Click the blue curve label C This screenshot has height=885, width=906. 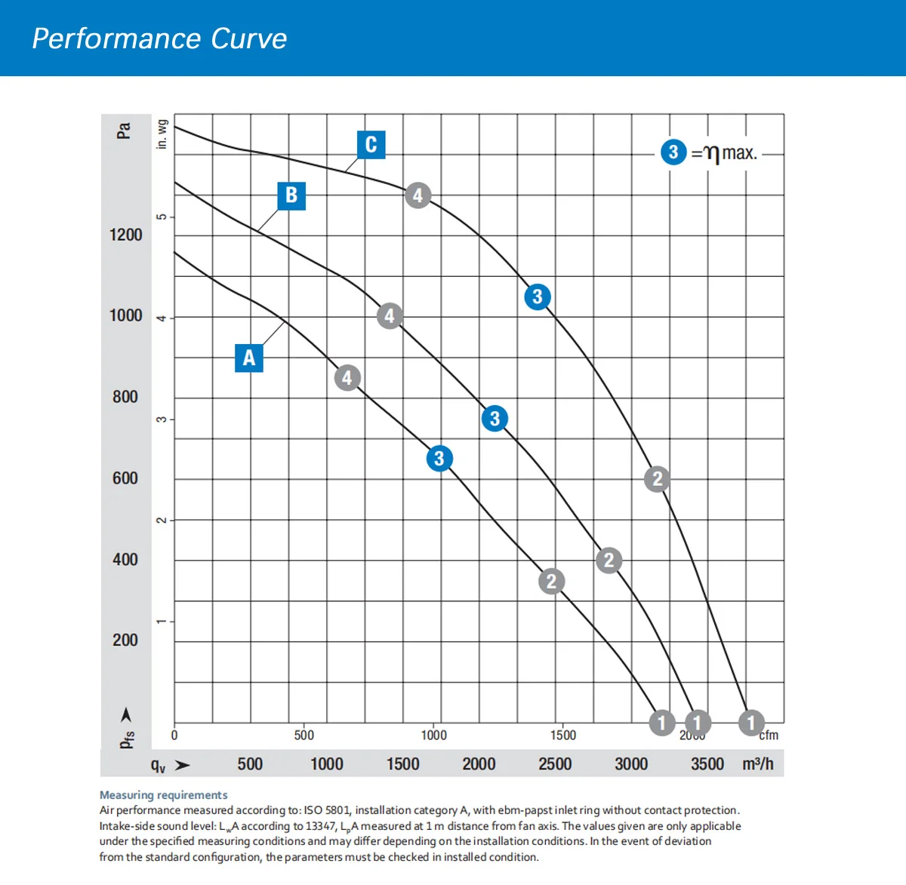(x=371, y=144)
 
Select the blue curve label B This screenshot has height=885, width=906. (x=291, y=195)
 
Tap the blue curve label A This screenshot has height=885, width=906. (x=249, y=358)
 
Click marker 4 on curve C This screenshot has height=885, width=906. (x=418, y=195)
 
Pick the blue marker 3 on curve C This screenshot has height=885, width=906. (x=537, y=297)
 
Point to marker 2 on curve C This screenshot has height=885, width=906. (x=657, y=478)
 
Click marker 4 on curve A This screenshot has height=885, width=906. (x=347, y=377)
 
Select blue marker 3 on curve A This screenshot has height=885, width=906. (x=439, y=458)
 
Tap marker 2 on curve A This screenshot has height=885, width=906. (x=551, y=581)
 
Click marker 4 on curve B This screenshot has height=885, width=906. (x=390, y=315)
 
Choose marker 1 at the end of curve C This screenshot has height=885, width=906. (x=750, y=723)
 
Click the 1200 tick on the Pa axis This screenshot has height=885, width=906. (x=125, y=235)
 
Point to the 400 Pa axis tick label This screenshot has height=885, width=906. (x=125, y=559)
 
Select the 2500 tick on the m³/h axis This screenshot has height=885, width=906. (x=555, y=764)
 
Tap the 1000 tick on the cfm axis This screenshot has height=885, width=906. (x=433, y=735)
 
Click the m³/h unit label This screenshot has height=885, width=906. (x=757, y=764)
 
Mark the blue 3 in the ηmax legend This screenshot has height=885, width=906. (x=673, y=152)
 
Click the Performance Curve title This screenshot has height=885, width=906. (x=159, y=38)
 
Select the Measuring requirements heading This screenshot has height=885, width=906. (x=163, y=794)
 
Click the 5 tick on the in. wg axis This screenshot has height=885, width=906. (x=161, y=217)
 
